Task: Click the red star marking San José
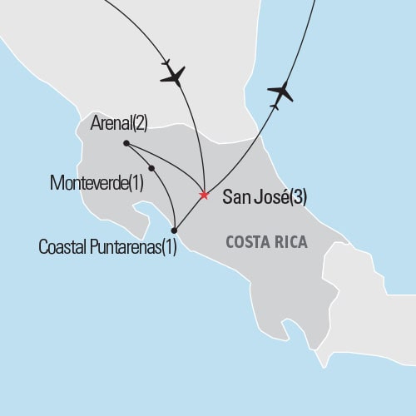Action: coord(204,196)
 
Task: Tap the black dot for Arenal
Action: coord(126,143)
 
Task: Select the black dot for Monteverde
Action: coord(151,169)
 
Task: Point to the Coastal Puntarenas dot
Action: coord(174,230)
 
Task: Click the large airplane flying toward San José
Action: coord(174,76)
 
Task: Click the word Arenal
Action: coord(114,125)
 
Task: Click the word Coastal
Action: coord(62,247)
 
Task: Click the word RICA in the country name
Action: coord(292,243)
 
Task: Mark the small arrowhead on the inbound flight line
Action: coord(167,62)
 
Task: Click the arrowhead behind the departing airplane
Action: coord(274,106)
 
